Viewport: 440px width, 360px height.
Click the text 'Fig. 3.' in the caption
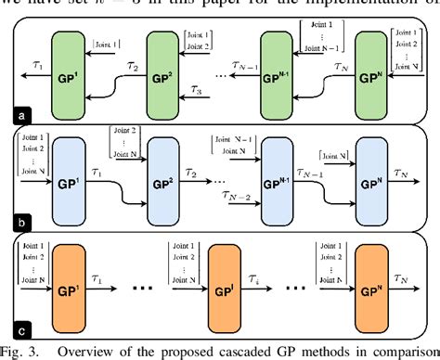coord(22,352)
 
